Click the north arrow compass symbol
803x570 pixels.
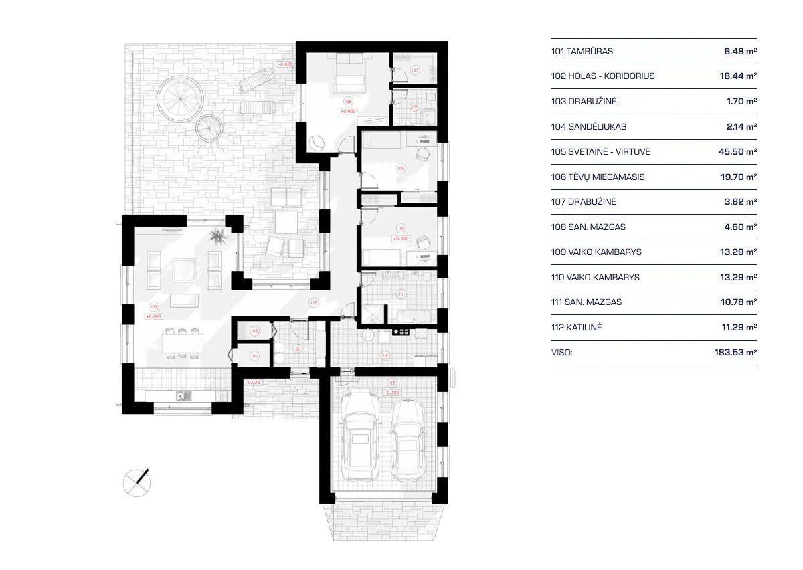(x=137, y=482)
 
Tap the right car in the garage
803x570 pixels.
(x=407, y=440)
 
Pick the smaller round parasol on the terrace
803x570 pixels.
(x=209, y=128)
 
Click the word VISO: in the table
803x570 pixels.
(x=562, y=352)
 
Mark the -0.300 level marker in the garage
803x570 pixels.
(x=391, y=393)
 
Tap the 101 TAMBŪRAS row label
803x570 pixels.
(x=582, y=51)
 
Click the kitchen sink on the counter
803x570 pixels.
(x=184, y=396)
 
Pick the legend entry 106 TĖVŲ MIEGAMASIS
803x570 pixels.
(x=598, y=177)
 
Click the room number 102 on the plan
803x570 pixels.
(x=313, y=302)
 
